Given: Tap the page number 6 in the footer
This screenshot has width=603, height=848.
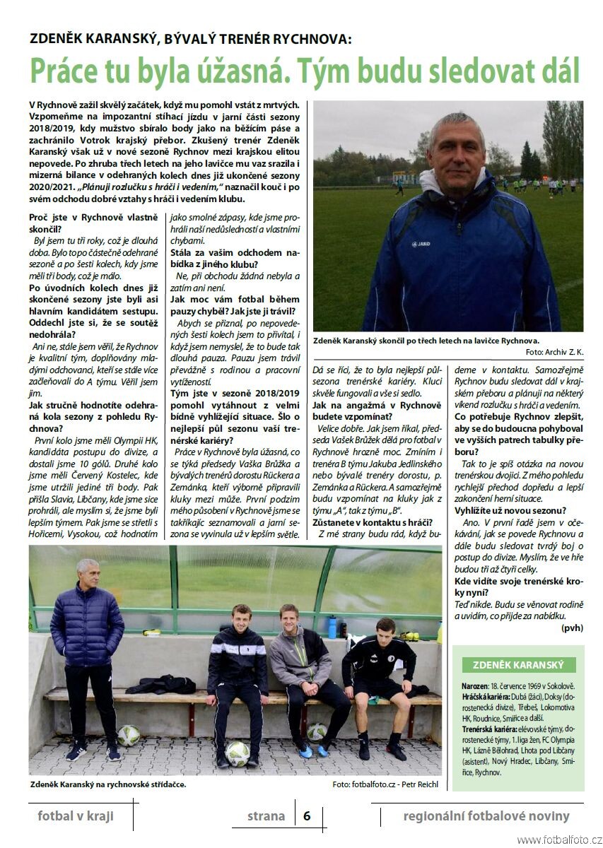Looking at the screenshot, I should (x=307, y=815).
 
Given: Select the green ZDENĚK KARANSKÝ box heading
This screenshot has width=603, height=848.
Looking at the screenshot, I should (x=518, y=665).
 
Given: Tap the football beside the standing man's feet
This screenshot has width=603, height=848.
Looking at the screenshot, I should (x=129, y=736).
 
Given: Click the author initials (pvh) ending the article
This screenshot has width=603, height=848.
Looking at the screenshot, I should (x=571, y=628).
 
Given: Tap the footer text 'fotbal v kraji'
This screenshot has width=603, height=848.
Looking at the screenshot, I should (x=76, y=816).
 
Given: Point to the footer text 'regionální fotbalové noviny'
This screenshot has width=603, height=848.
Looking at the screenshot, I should (x=486, y=816).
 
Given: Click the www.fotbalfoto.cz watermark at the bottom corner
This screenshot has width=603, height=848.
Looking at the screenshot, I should (x=559, y=840).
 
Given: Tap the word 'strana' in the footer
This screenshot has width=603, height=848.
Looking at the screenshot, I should (x=266, y=816).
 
